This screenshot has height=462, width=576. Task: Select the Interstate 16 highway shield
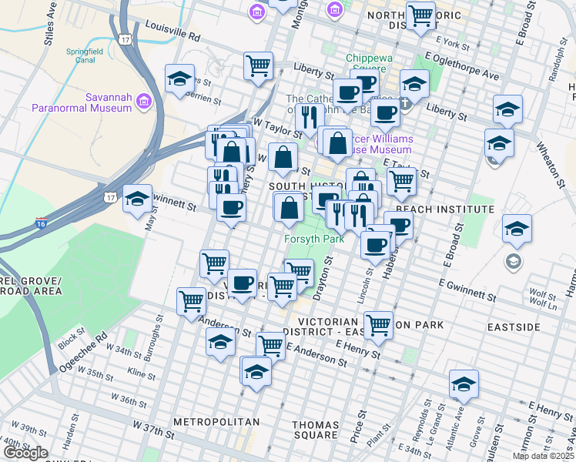pos(41,225)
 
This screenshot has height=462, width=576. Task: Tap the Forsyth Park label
pos(314,239)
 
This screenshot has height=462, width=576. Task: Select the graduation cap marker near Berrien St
pos(179,79)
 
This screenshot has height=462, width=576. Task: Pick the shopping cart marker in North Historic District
pos(420,15)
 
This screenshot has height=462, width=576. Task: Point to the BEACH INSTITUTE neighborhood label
pos(444,209)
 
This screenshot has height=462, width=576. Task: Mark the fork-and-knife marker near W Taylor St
pos(309,116)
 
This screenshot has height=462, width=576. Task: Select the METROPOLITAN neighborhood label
pos(216,422)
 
